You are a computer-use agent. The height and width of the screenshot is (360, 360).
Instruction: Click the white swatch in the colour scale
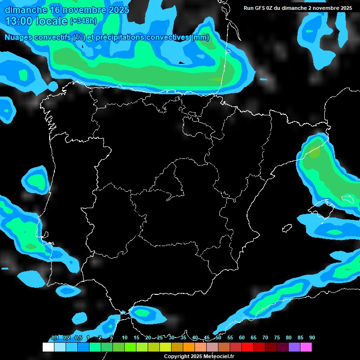click(x=48, y=347)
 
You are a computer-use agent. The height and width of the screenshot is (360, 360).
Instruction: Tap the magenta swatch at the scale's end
click(x=306, y=347)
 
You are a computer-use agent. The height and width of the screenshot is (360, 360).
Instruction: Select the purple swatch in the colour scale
click(x=294, y=347)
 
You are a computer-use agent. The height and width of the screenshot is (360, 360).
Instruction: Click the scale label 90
click(x=312, y=338)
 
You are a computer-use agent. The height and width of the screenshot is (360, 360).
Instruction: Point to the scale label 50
click(x=218, y=338)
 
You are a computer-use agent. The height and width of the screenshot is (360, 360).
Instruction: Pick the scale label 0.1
click(x=55, y=338)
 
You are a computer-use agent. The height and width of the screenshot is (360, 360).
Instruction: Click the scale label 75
click(x=277, y=338)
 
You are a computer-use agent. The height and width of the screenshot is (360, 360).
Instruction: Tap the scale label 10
click(x=125, y=338)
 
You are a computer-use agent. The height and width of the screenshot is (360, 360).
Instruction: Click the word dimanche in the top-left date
click(x=26, y=10)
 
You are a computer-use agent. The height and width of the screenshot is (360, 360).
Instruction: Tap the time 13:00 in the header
click(x=19, y=21)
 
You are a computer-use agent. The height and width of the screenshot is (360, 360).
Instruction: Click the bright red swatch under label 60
click(x=247, y=347)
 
